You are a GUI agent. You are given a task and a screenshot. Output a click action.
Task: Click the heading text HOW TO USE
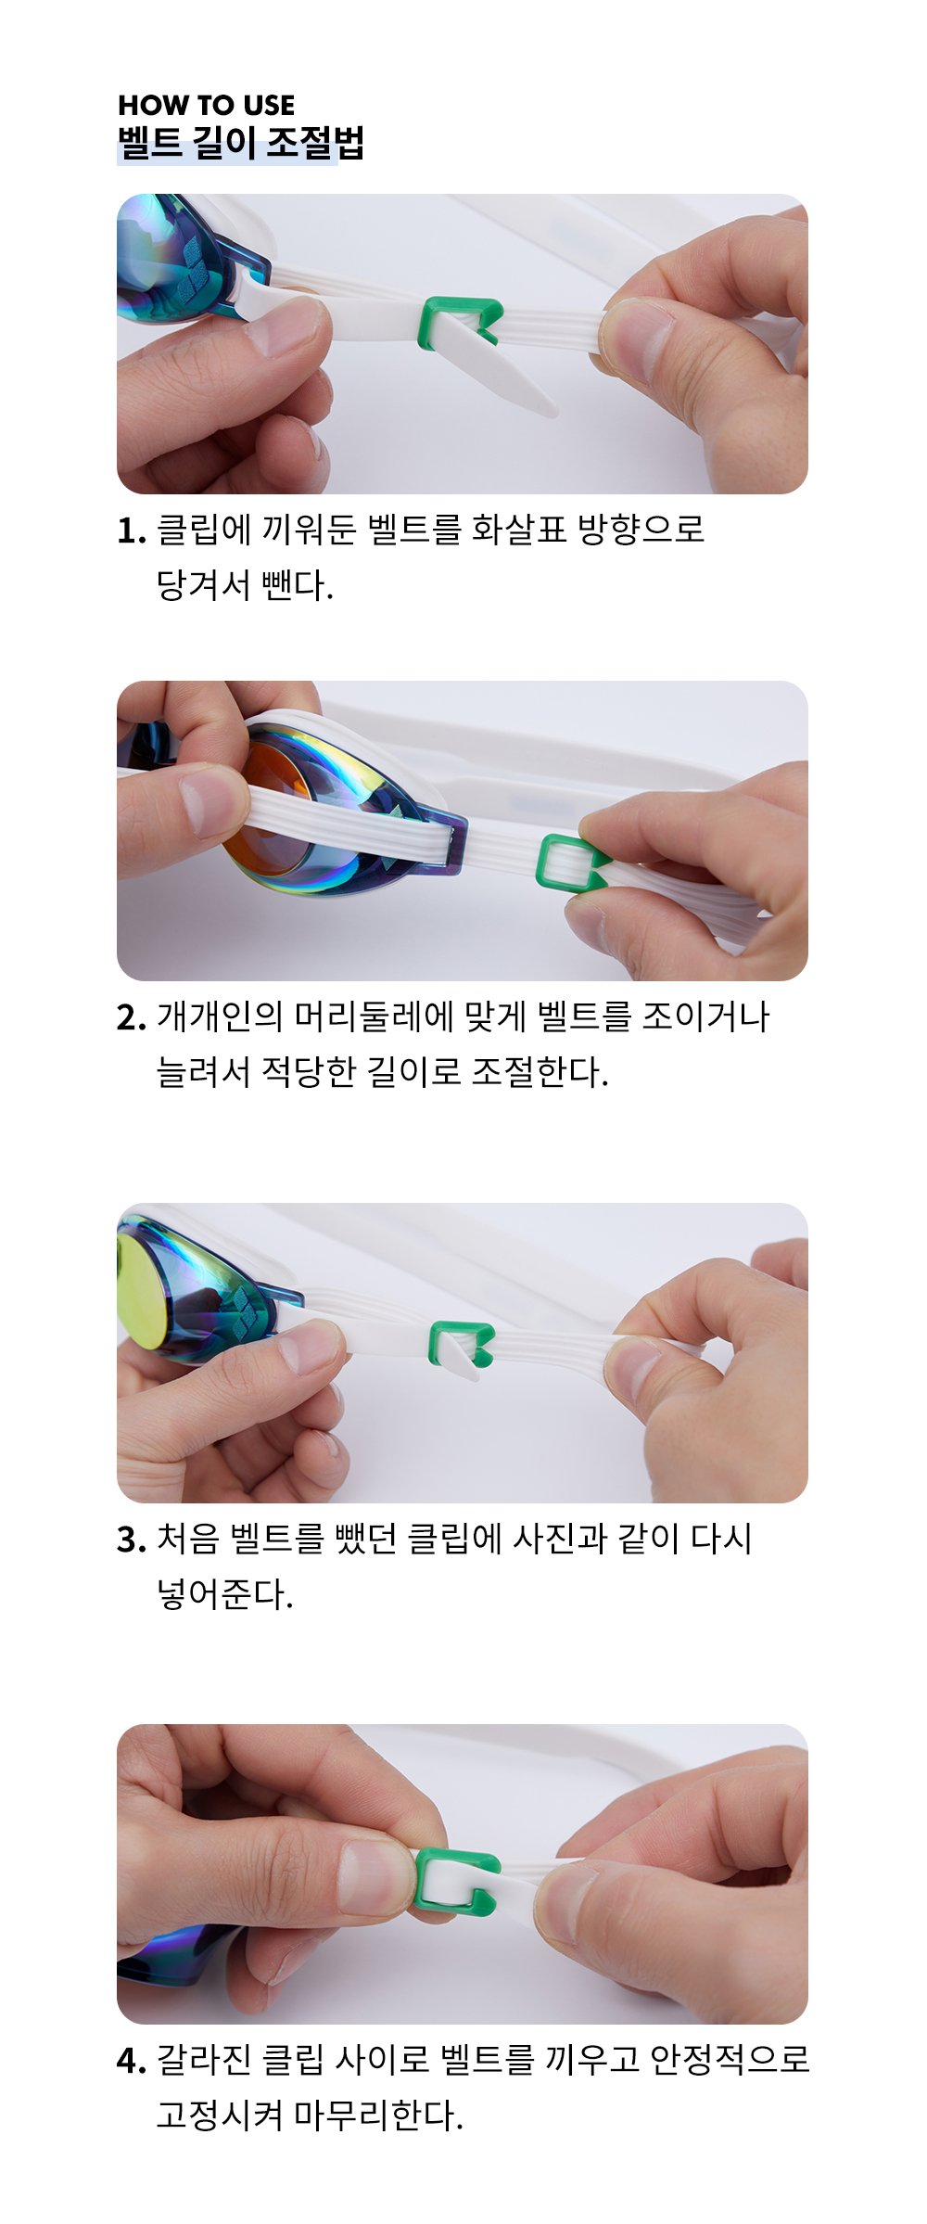(207, 105)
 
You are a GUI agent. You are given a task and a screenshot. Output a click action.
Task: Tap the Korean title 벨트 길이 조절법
(241, 143)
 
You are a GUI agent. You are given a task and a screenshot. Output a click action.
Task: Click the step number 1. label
(132, 531)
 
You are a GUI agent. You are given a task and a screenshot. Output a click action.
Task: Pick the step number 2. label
(132, 1018)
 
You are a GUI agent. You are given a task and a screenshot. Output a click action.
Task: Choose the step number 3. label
(132, 1540)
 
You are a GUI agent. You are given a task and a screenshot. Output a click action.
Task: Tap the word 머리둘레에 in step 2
(375, 1016)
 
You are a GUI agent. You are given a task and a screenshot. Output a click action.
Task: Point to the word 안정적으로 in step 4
(730, 2060)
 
